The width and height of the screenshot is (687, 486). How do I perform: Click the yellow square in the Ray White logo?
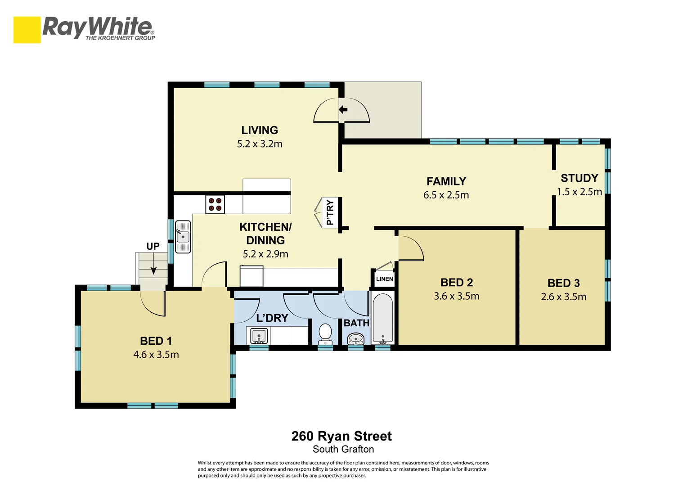click(x=27, y=30)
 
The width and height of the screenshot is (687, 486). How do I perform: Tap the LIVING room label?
click(x=260, y=130)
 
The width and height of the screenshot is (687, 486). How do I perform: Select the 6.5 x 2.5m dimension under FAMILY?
click(x=446, y=195)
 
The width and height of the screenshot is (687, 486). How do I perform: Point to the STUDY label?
click(x=579, y=178)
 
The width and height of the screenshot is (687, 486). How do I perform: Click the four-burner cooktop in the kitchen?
click(x=215, y=204)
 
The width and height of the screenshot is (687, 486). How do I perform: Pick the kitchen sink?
click(x=183, y=237)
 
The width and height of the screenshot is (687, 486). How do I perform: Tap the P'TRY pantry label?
click(x=330, y=212)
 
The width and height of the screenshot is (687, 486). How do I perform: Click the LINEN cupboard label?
click(x=384, y=279)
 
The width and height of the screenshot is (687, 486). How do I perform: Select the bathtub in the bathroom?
click(x=383, y=318)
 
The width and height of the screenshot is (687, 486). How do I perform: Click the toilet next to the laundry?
click(x=325, y=333)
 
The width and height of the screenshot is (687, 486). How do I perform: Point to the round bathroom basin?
click(x=356, y=338)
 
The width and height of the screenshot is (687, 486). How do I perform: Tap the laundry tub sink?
click(x=259, y=336)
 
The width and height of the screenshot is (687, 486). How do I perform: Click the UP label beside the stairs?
click(x=153, y=246)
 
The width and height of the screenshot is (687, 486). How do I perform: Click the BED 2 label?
click(x=456, y=283)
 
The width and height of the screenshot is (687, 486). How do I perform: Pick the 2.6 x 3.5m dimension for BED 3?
click(x=563, y=297)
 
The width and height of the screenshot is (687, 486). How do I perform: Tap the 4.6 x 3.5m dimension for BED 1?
click(x=156, y=355)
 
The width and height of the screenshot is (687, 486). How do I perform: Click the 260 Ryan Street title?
click(x=341, y=436)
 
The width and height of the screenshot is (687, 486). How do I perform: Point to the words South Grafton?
click(x=343, y=449)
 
